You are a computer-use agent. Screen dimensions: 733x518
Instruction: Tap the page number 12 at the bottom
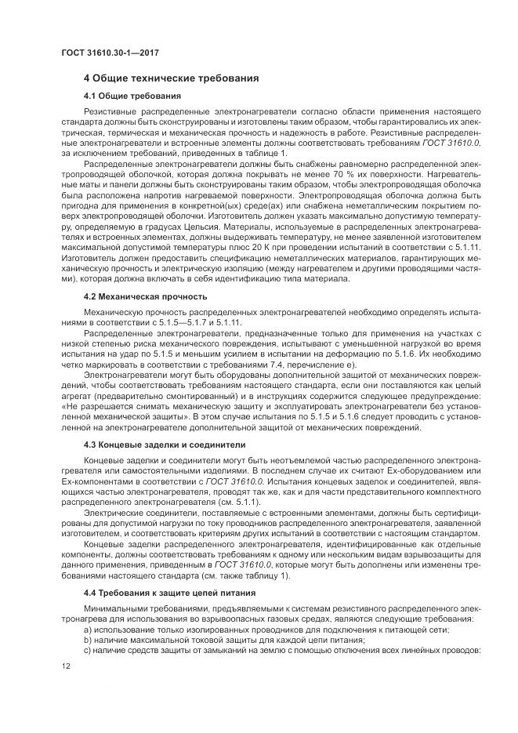pos(65,666)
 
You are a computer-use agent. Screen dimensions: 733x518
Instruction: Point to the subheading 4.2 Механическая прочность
pos(145,297)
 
